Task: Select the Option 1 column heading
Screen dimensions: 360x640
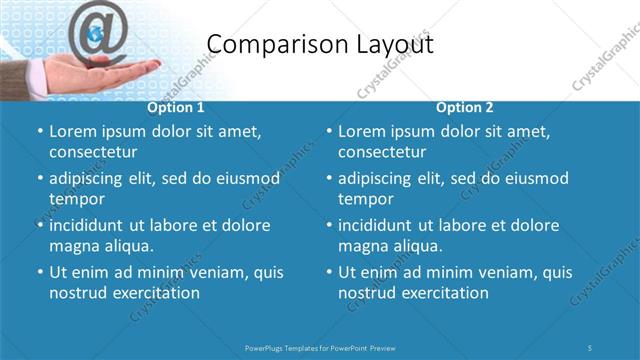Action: coord(176,108)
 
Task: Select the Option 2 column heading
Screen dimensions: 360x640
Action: coord(465,108)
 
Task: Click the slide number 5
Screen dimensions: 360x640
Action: coord(591,347)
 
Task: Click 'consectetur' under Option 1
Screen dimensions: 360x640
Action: coord(93,152)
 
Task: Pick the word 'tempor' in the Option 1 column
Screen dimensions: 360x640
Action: coord(76,199)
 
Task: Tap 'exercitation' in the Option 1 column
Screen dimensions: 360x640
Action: coord(154,293)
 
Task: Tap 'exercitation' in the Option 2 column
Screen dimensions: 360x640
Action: coord(443,293)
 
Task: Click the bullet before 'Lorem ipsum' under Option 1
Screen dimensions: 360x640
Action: coord(39,131)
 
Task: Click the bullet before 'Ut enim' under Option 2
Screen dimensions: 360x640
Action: coord(328,272)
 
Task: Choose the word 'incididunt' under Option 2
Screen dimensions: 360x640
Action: coord(378,225)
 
